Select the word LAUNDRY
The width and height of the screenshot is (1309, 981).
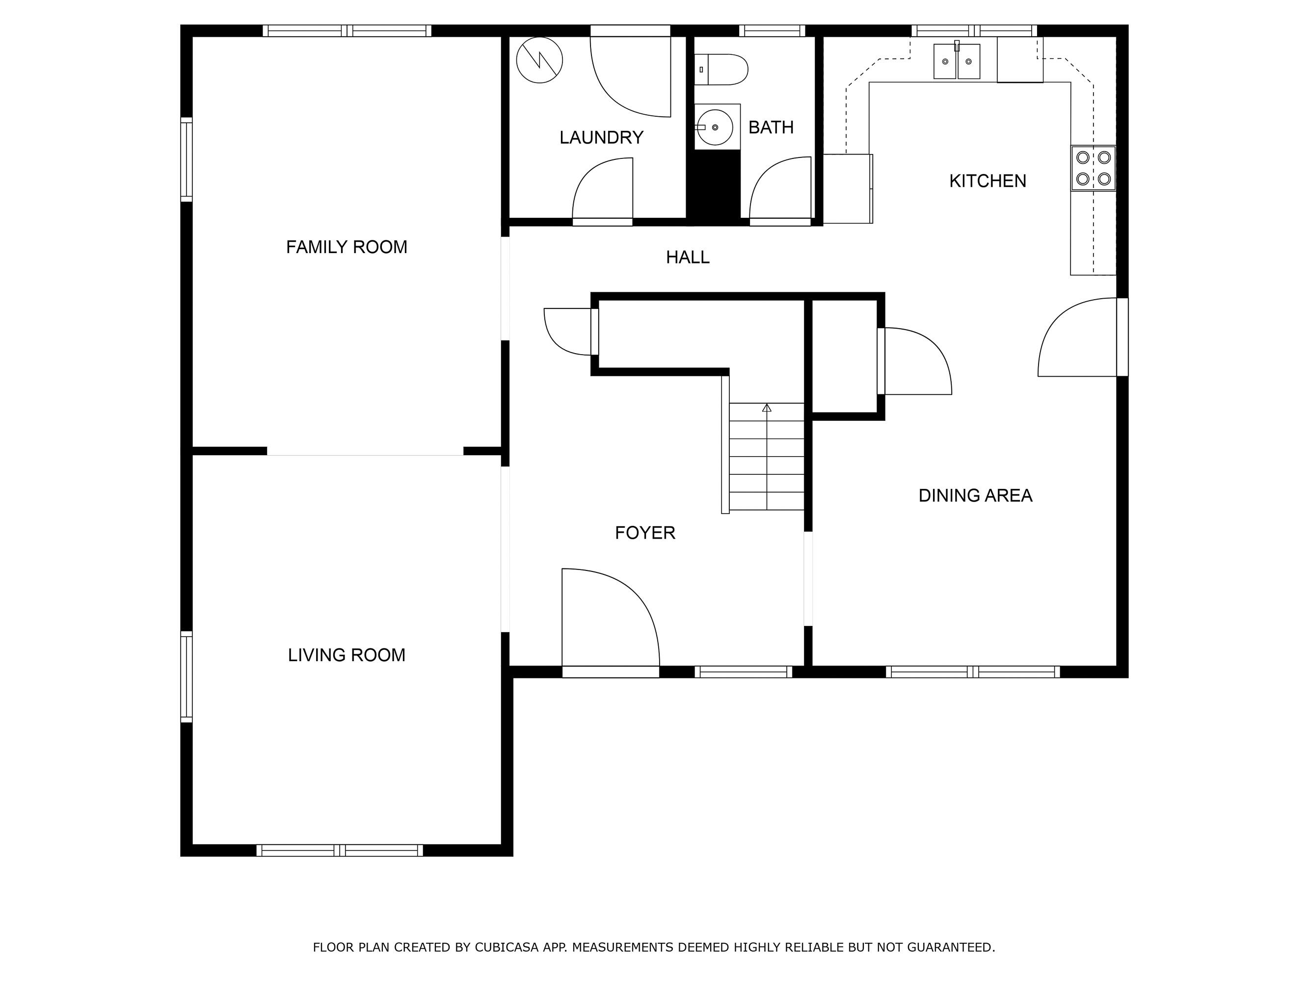tap(601, 138)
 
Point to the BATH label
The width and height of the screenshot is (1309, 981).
tap(771, 128)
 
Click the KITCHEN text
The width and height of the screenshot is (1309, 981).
tap(987, 181)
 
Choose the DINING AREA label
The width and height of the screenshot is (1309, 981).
tap(975, 495)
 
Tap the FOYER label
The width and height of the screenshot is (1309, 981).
tap(644, 533)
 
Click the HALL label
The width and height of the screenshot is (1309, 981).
tap(687, 257)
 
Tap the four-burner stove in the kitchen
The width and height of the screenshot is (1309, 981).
tap(1093, 168)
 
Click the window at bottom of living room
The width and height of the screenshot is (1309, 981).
tap(340, 851)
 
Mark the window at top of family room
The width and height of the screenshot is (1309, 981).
tap(347, 31)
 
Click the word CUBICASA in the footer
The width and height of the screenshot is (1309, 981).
tap(506, 947)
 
